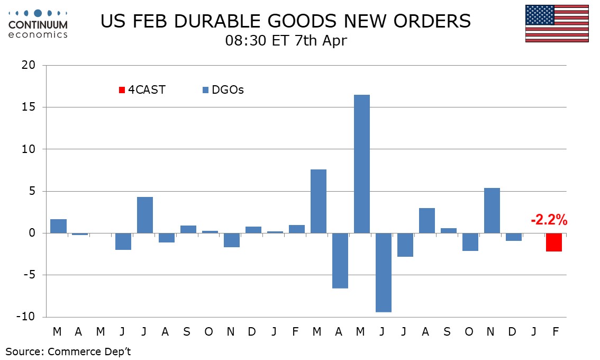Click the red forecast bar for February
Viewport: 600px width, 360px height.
554,242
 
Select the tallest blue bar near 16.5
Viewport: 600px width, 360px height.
361,164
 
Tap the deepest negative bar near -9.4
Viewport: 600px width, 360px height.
383,272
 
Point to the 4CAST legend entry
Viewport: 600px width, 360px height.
142,90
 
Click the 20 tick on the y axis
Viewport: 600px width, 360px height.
28,66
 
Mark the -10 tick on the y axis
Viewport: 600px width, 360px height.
25,317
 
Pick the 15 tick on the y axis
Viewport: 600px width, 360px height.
28,107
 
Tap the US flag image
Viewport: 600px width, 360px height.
557,24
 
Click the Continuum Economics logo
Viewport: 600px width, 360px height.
38,24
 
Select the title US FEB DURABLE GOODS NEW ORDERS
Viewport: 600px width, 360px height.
285,21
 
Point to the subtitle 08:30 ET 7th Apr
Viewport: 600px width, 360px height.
286,41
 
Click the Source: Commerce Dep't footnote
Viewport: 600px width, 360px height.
68,352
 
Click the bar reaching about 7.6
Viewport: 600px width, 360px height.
318,201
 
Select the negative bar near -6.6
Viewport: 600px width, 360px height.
340,260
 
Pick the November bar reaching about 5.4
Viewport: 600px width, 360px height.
492,210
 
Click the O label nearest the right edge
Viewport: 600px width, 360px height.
469,331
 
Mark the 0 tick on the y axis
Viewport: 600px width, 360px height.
32,233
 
